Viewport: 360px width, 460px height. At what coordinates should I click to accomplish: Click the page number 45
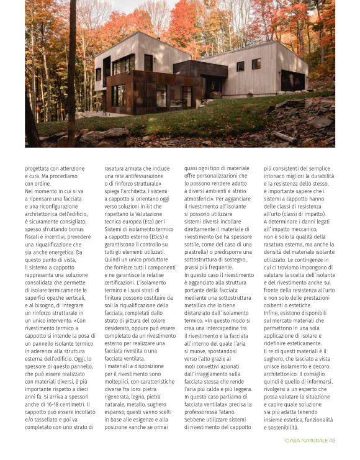click(x=332, y=441)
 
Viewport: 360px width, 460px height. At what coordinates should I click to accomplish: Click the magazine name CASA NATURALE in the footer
click(x=306, y=441)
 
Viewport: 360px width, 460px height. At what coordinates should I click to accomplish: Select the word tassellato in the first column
click(x=44, y=410)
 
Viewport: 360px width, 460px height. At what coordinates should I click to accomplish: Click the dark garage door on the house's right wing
click(x=292, y=81)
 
